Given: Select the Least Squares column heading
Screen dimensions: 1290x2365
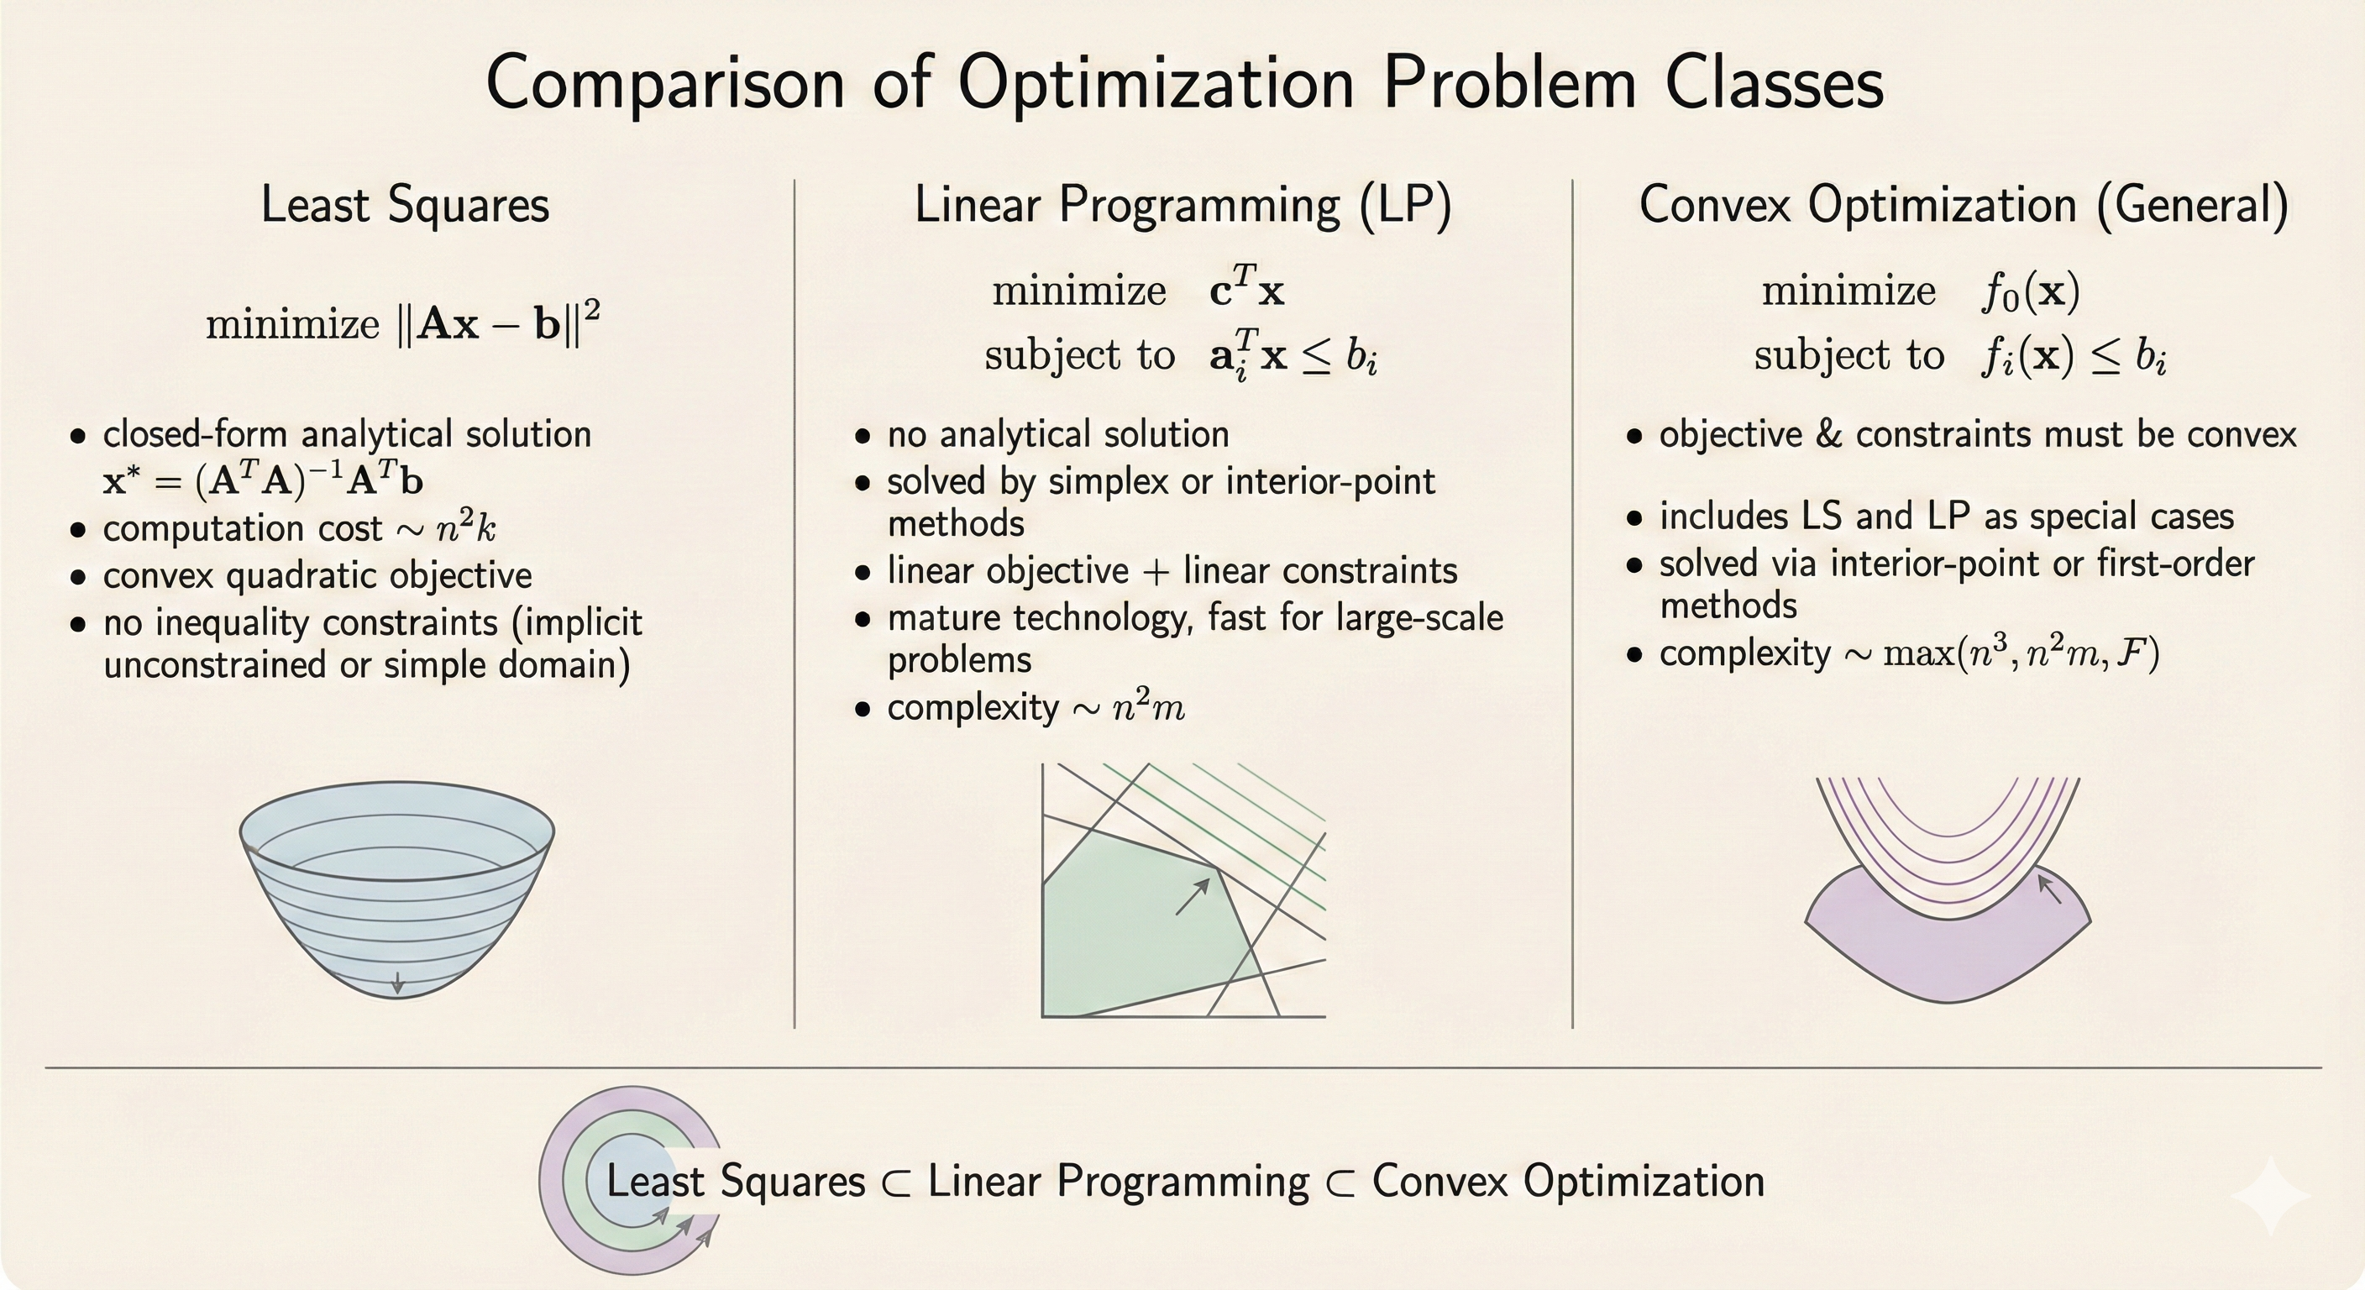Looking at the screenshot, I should pyautogui.click(x=405, y=204).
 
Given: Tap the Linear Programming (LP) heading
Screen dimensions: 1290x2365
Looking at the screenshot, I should pyautogui.click(x=1182, y=204).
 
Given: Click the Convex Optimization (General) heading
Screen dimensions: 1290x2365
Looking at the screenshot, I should pyautogui.click(x=1964, y=204).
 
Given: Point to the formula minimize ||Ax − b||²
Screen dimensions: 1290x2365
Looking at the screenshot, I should pyautogui.click(x=403, y=324).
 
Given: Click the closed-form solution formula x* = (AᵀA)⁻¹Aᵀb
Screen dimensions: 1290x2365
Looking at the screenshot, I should pyautogui.click(x=264, y=480).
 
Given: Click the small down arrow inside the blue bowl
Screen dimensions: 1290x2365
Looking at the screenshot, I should pyautogui.click(x=397, y=983).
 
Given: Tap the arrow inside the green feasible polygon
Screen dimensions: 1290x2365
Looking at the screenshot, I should pyautogui.click(x=1193, y=895).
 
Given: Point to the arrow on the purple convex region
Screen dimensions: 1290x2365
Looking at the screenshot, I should pyautogui.click(x=2048, y=889).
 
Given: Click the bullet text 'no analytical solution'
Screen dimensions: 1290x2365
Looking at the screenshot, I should pyautogui.click(x=1057, y=434).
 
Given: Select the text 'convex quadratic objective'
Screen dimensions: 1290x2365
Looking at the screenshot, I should pyautogui.click(x=317, y=575).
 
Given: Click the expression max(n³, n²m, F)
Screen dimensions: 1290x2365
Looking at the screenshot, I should pyautogui.click(x=2021, y=653).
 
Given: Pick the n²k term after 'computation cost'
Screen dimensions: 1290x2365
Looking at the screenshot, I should pyautogui.click(x=465, y=528).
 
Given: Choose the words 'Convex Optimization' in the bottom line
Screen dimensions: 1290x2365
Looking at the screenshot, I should pyautogui.click(x=1568, y=1181).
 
